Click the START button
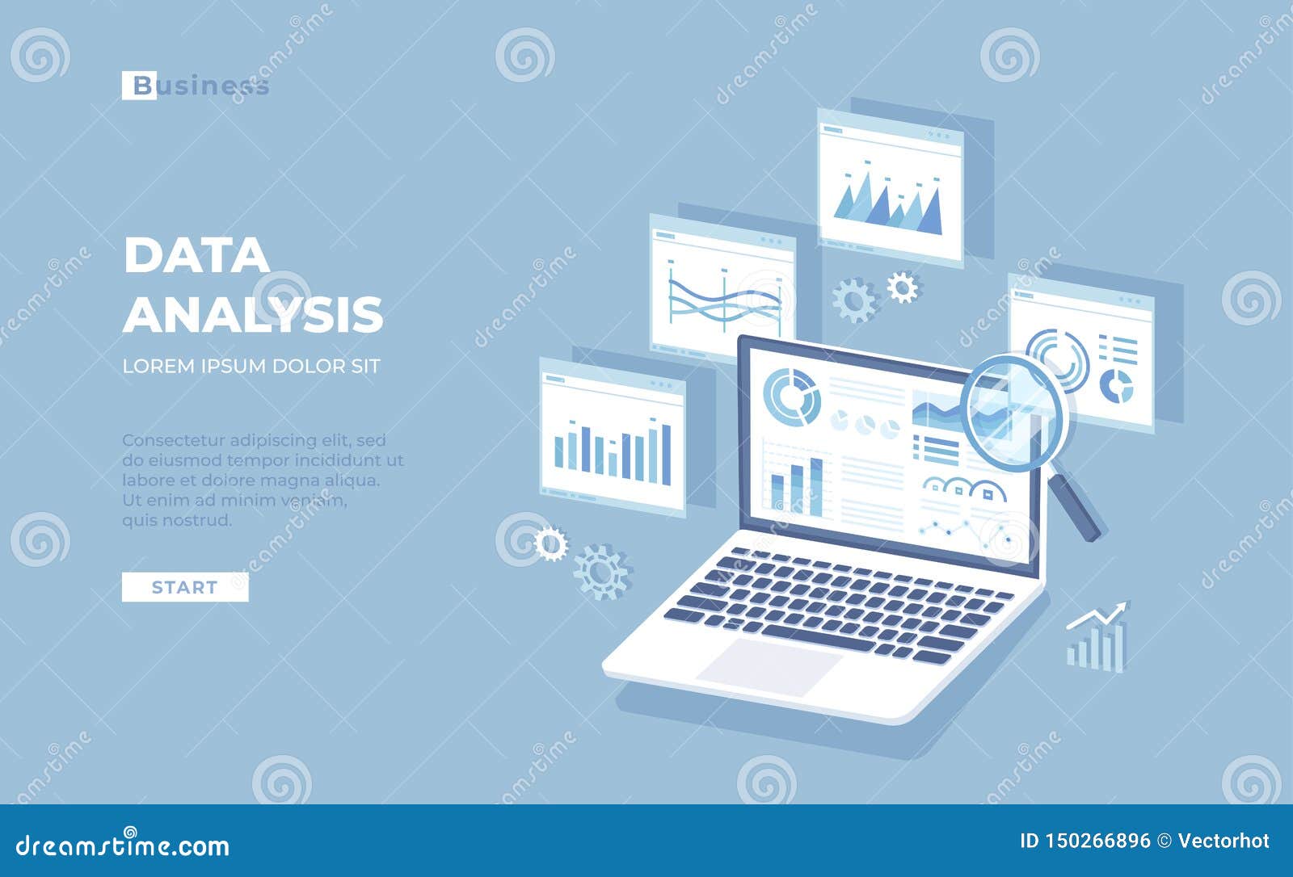pos(185,587)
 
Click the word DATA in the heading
pos(196,255)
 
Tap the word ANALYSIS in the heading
pos(253,314)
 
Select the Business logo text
pos(196,86)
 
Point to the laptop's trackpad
pos(769,666)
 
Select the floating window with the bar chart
pos(613,437)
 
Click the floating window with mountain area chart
pos(890,188)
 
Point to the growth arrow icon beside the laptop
pos(1097,638)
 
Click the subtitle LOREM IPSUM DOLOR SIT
pos(251,366)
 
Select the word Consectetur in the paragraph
pos(173,440)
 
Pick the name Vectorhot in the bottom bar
pos(1224,841)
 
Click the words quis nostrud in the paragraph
pos(177,520)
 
